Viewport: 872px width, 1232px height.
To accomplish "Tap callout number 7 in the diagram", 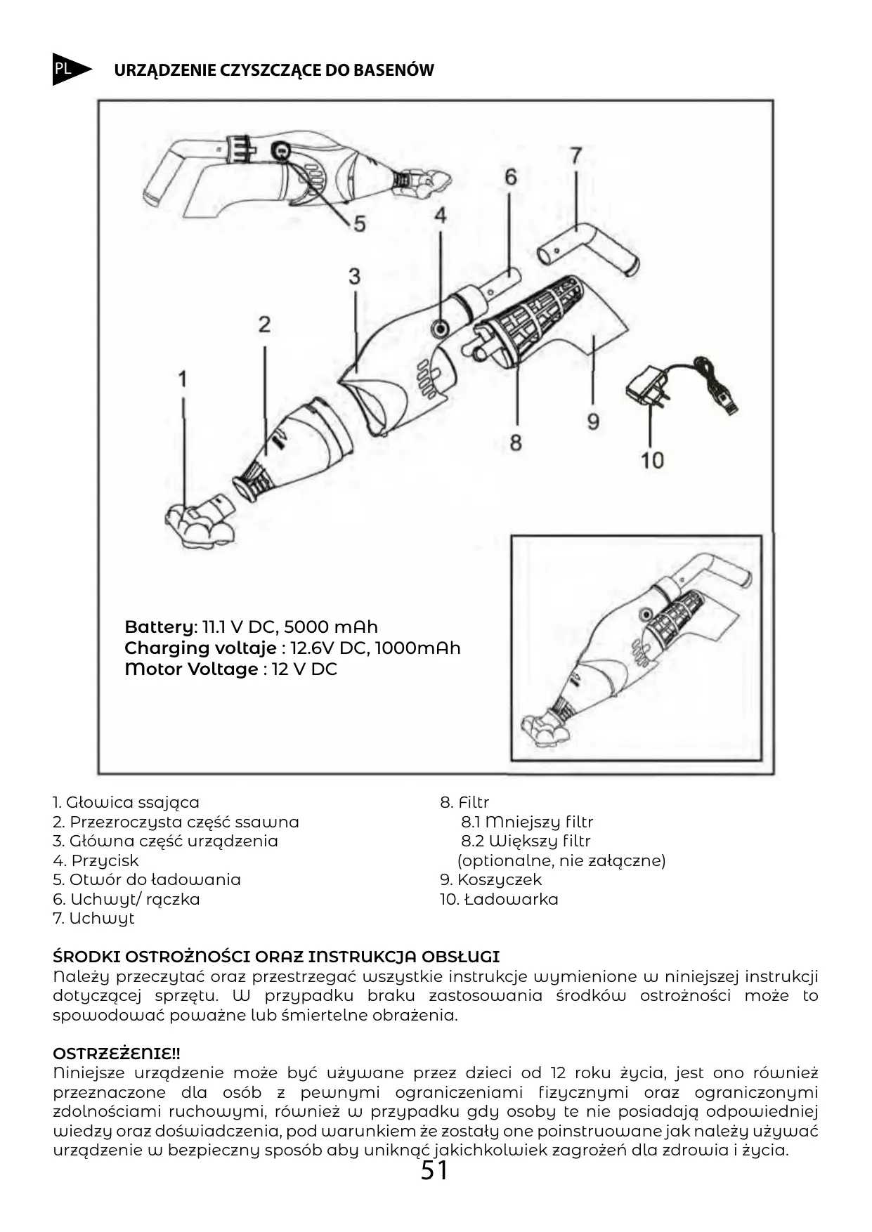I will [x=575, y=155].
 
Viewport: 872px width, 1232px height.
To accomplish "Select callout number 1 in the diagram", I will [x=183, y=379].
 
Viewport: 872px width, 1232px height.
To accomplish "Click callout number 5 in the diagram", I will [x=359, y=223].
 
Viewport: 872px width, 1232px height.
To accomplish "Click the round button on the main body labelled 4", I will [x=441, y=327].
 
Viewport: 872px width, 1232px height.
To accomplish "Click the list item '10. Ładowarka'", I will [x=499, y=899].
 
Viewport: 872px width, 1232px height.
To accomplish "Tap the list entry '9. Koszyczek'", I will [x=490, y=879].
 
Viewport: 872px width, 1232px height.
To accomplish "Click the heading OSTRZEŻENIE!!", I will [x=117, y=1054].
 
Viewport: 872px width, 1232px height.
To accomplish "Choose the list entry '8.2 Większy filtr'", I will [x=526, y=841].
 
